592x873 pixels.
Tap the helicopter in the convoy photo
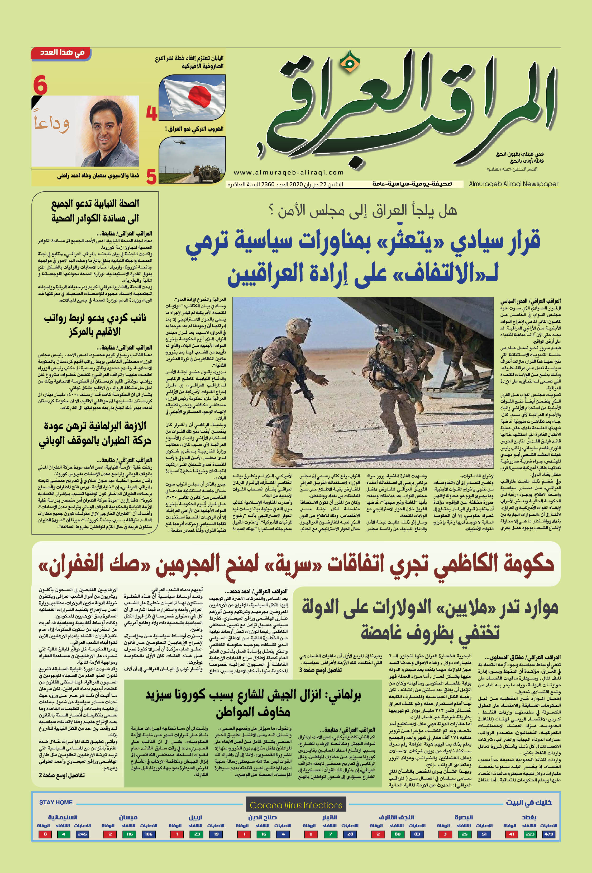[178, 142]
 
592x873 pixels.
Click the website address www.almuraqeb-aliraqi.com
[289, 172]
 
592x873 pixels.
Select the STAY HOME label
[56, 802]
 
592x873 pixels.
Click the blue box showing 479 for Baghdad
[548, 834]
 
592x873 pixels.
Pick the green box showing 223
[530, 834]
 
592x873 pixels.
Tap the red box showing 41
[510, 834]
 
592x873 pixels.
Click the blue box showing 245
[82, 834]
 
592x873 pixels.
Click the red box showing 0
[311, 834]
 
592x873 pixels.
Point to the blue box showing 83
[417, 834]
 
